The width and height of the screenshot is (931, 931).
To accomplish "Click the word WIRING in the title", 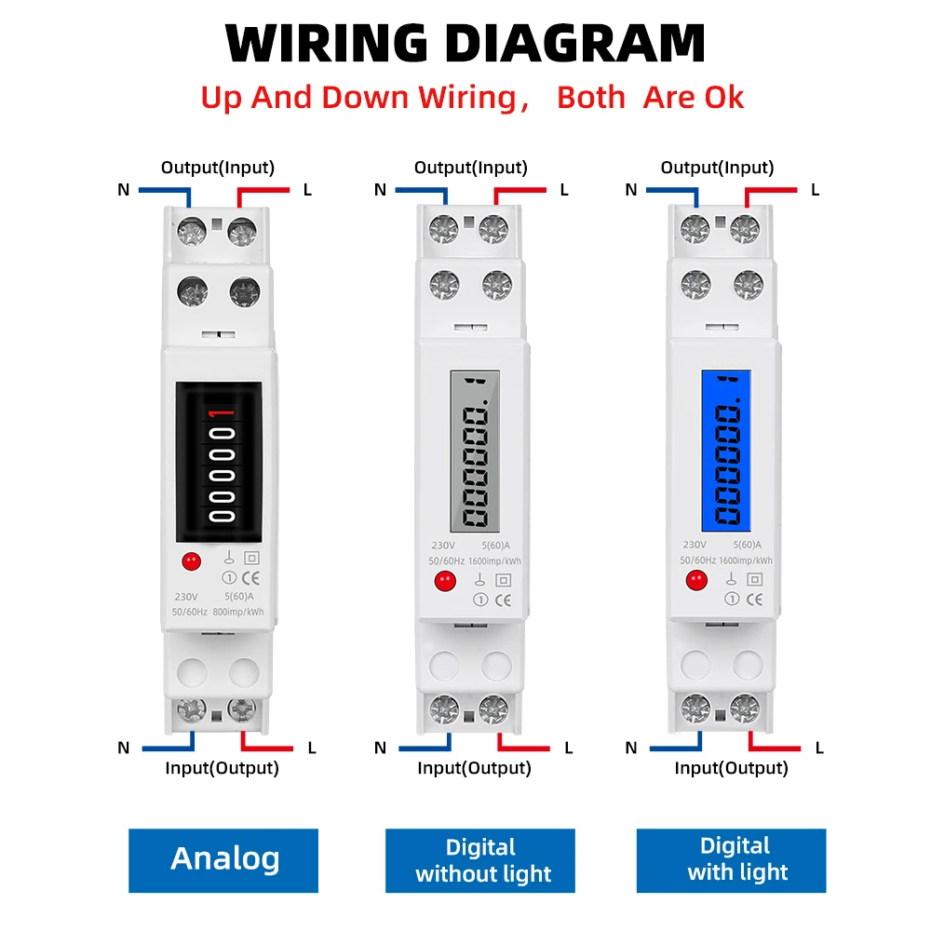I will [x=327, y=43].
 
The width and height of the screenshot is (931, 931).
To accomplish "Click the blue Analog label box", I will [x=223, y=859].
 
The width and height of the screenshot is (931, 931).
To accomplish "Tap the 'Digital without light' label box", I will [x=481, y=860].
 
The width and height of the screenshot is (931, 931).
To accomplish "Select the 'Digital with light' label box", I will [x=735, y=859].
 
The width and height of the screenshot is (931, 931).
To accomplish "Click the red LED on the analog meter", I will [x=192, y=561].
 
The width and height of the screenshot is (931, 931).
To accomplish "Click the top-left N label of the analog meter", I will [x=124, y=190].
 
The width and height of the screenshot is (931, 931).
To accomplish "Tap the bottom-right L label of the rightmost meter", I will [x=818, y=747].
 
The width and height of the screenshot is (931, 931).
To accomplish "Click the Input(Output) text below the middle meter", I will [x=474, y=768].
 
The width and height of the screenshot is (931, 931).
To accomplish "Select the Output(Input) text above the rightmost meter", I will [x=717, y=168].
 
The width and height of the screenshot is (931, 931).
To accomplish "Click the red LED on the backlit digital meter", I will [x=695, y=580].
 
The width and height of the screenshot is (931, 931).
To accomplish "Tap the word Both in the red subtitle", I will [x=591, y=97].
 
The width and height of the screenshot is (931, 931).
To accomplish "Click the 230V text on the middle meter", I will [x=443, y=546].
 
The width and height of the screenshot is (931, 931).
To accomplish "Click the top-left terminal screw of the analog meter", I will [x=192, y=229].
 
